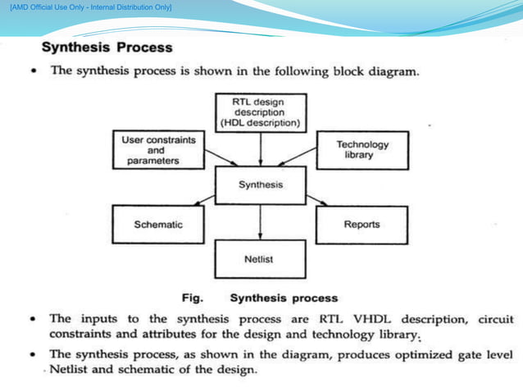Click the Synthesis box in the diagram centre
[261, 185]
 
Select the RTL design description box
[261, 112]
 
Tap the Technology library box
[362, 150]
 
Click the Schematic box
[157, 224]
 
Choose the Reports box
[362, 224]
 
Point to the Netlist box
[260, 259]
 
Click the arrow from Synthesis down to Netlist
[261, 222]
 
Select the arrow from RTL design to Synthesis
[261, 150]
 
